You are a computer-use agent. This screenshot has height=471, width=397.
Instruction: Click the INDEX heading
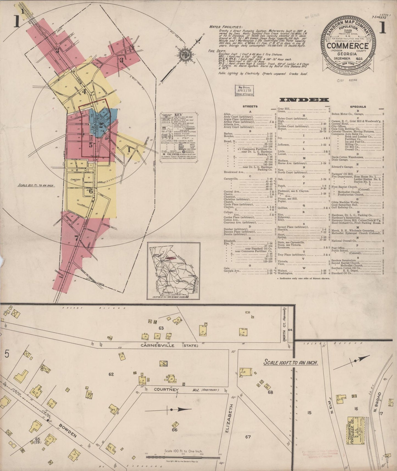point(304,100)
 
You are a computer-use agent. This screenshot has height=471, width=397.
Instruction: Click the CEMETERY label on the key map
point(76,179)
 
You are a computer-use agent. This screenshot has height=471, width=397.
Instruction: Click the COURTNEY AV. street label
point(166,389)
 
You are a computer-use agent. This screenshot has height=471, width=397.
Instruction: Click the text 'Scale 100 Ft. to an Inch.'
point(291,362)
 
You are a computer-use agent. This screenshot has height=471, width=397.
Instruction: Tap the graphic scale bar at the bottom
point(183,457)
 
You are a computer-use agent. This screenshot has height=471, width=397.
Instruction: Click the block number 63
point(161,328)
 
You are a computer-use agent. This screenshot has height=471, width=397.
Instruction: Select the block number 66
point(174,430)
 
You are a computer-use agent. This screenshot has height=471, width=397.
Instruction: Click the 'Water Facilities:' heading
point(226,27)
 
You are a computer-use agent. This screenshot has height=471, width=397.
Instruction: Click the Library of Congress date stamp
point(244,90)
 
